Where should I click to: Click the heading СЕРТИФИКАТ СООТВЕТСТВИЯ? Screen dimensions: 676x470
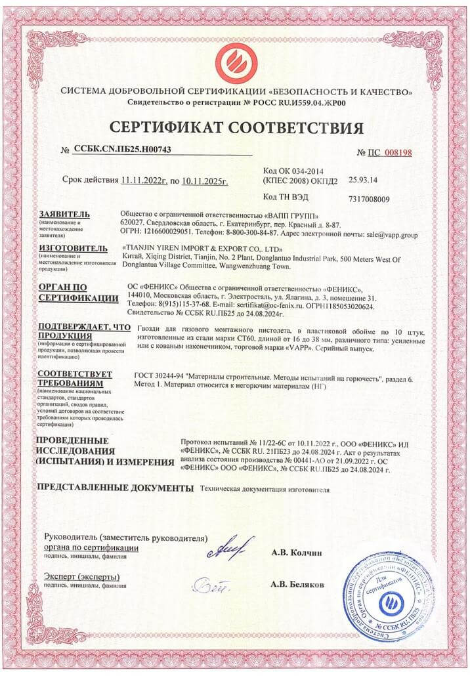236,127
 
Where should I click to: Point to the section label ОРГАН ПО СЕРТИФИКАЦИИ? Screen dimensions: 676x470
72,292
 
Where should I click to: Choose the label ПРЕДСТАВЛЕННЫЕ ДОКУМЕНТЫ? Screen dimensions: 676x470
116,488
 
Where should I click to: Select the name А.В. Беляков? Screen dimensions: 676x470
297,583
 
